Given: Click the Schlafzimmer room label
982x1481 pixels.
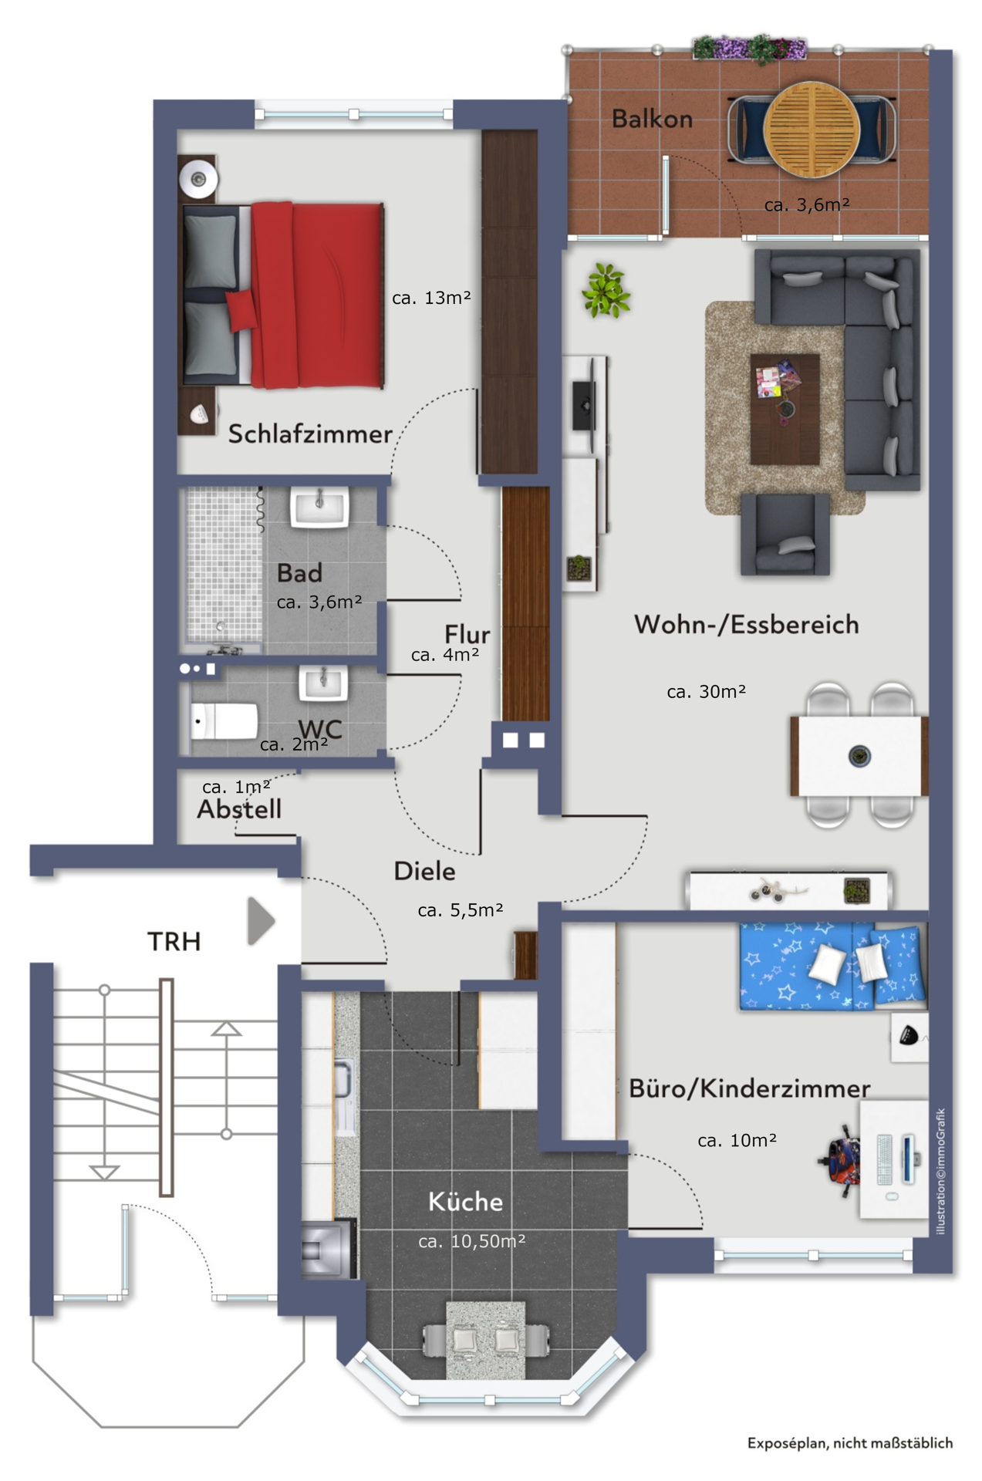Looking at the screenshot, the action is (310, 434).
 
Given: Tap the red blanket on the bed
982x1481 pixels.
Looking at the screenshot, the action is (317, 295).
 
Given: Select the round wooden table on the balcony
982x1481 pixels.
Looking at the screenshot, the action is (812, 129).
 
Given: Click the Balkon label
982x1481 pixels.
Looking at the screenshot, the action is (652, 119).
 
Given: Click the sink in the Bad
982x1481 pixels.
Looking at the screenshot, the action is (319, 508).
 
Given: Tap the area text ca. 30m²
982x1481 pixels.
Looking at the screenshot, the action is (707, 692).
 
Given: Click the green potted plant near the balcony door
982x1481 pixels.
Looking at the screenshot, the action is (606, 290).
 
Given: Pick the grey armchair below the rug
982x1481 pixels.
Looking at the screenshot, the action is (785, 535).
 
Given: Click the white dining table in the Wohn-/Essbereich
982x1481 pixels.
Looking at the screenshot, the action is (859, 755).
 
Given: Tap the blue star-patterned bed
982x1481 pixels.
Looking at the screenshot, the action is (832, 966).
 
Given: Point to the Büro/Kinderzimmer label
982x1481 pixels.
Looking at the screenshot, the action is (749, 1088).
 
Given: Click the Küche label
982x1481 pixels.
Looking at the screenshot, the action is (465, 1201).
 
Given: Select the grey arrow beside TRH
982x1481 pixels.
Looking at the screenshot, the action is (261, 920).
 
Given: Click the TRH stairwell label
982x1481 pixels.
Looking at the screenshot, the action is (174, 941).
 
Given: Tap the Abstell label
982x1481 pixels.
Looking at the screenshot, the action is (239, 809).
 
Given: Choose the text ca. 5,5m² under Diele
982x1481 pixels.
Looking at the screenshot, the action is (461, 910).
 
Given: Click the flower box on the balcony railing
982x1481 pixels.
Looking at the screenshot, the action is (750, 47).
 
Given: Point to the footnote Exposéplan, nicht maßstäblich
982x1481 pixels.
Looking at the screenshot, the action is (850, 1443).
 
